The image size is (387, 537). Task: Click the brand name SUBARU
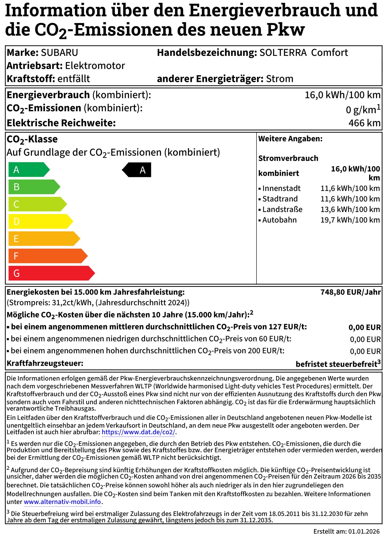coord(59,53)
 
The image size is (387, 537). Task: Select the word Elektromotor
coord(95,66)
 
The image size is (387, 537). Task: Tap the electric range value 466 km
coord(364,123)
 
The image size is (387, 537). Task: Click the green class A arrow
coord(28,170)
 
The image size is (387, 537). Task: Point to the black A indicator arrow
coord(137,170)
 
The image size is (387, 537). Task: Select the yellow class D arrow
coord(40,221)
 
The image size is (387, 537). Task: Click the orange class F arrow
coord(47,256)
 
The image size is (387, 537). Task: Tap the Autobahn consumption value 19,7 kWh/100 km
coord(350,220)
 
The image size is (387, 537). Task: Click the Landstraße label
coord(282,209)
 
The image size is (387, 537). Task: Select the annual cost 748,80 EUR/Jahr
coord(350,292)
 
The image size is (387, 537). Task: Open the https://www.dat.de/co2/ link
coord(138,432)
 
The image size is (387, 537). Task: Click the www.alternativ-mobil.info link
coord(62,502)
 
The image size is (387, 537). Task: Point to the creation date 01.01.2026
coord(364,531)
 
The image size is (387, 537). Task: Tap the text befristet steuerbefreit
coord(336,364)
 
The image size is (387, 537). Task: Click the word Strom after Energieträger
coord(280,79)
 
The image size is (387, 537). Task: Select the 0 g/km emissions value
coord(361,110)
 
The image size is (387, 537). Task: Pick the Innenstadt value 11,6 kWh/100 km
coord(350,188)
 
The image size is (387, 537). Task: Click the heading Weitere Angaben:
coord(290,139)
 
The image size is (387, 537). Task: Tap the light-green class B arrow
coord(34,187)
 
